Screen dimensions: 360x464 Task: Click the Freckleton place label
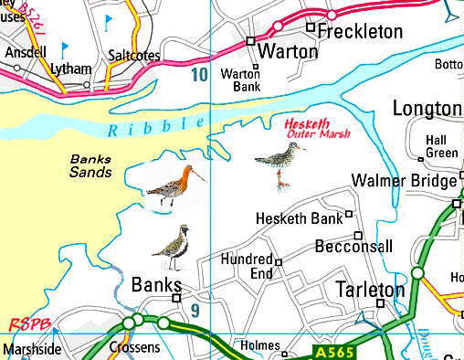[x=359, y=32]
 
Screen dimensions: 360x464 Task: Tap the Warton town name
[x=288, y=51]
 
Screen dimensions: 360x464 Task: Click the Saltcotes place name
[x=133, y=56]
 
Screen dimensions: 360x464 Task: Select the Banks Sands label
[x=91, y=165]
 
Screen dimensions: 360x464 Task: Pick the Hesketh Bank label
[x=299, y=218]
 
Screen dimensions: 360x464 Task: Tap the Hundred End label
[x=247, y=266]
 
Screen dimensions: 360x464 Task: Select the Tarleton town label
[x=370, y=289]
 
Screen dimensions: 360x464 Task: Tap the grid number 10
[x=199, y=74]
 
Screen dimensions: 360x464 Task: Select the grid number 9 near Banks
[x=195, y=310]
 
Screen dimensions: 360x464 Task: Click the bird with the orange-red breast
[x=174, y=187]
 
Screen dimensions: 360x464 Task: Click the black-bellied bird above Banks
[x=171, y=247]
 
